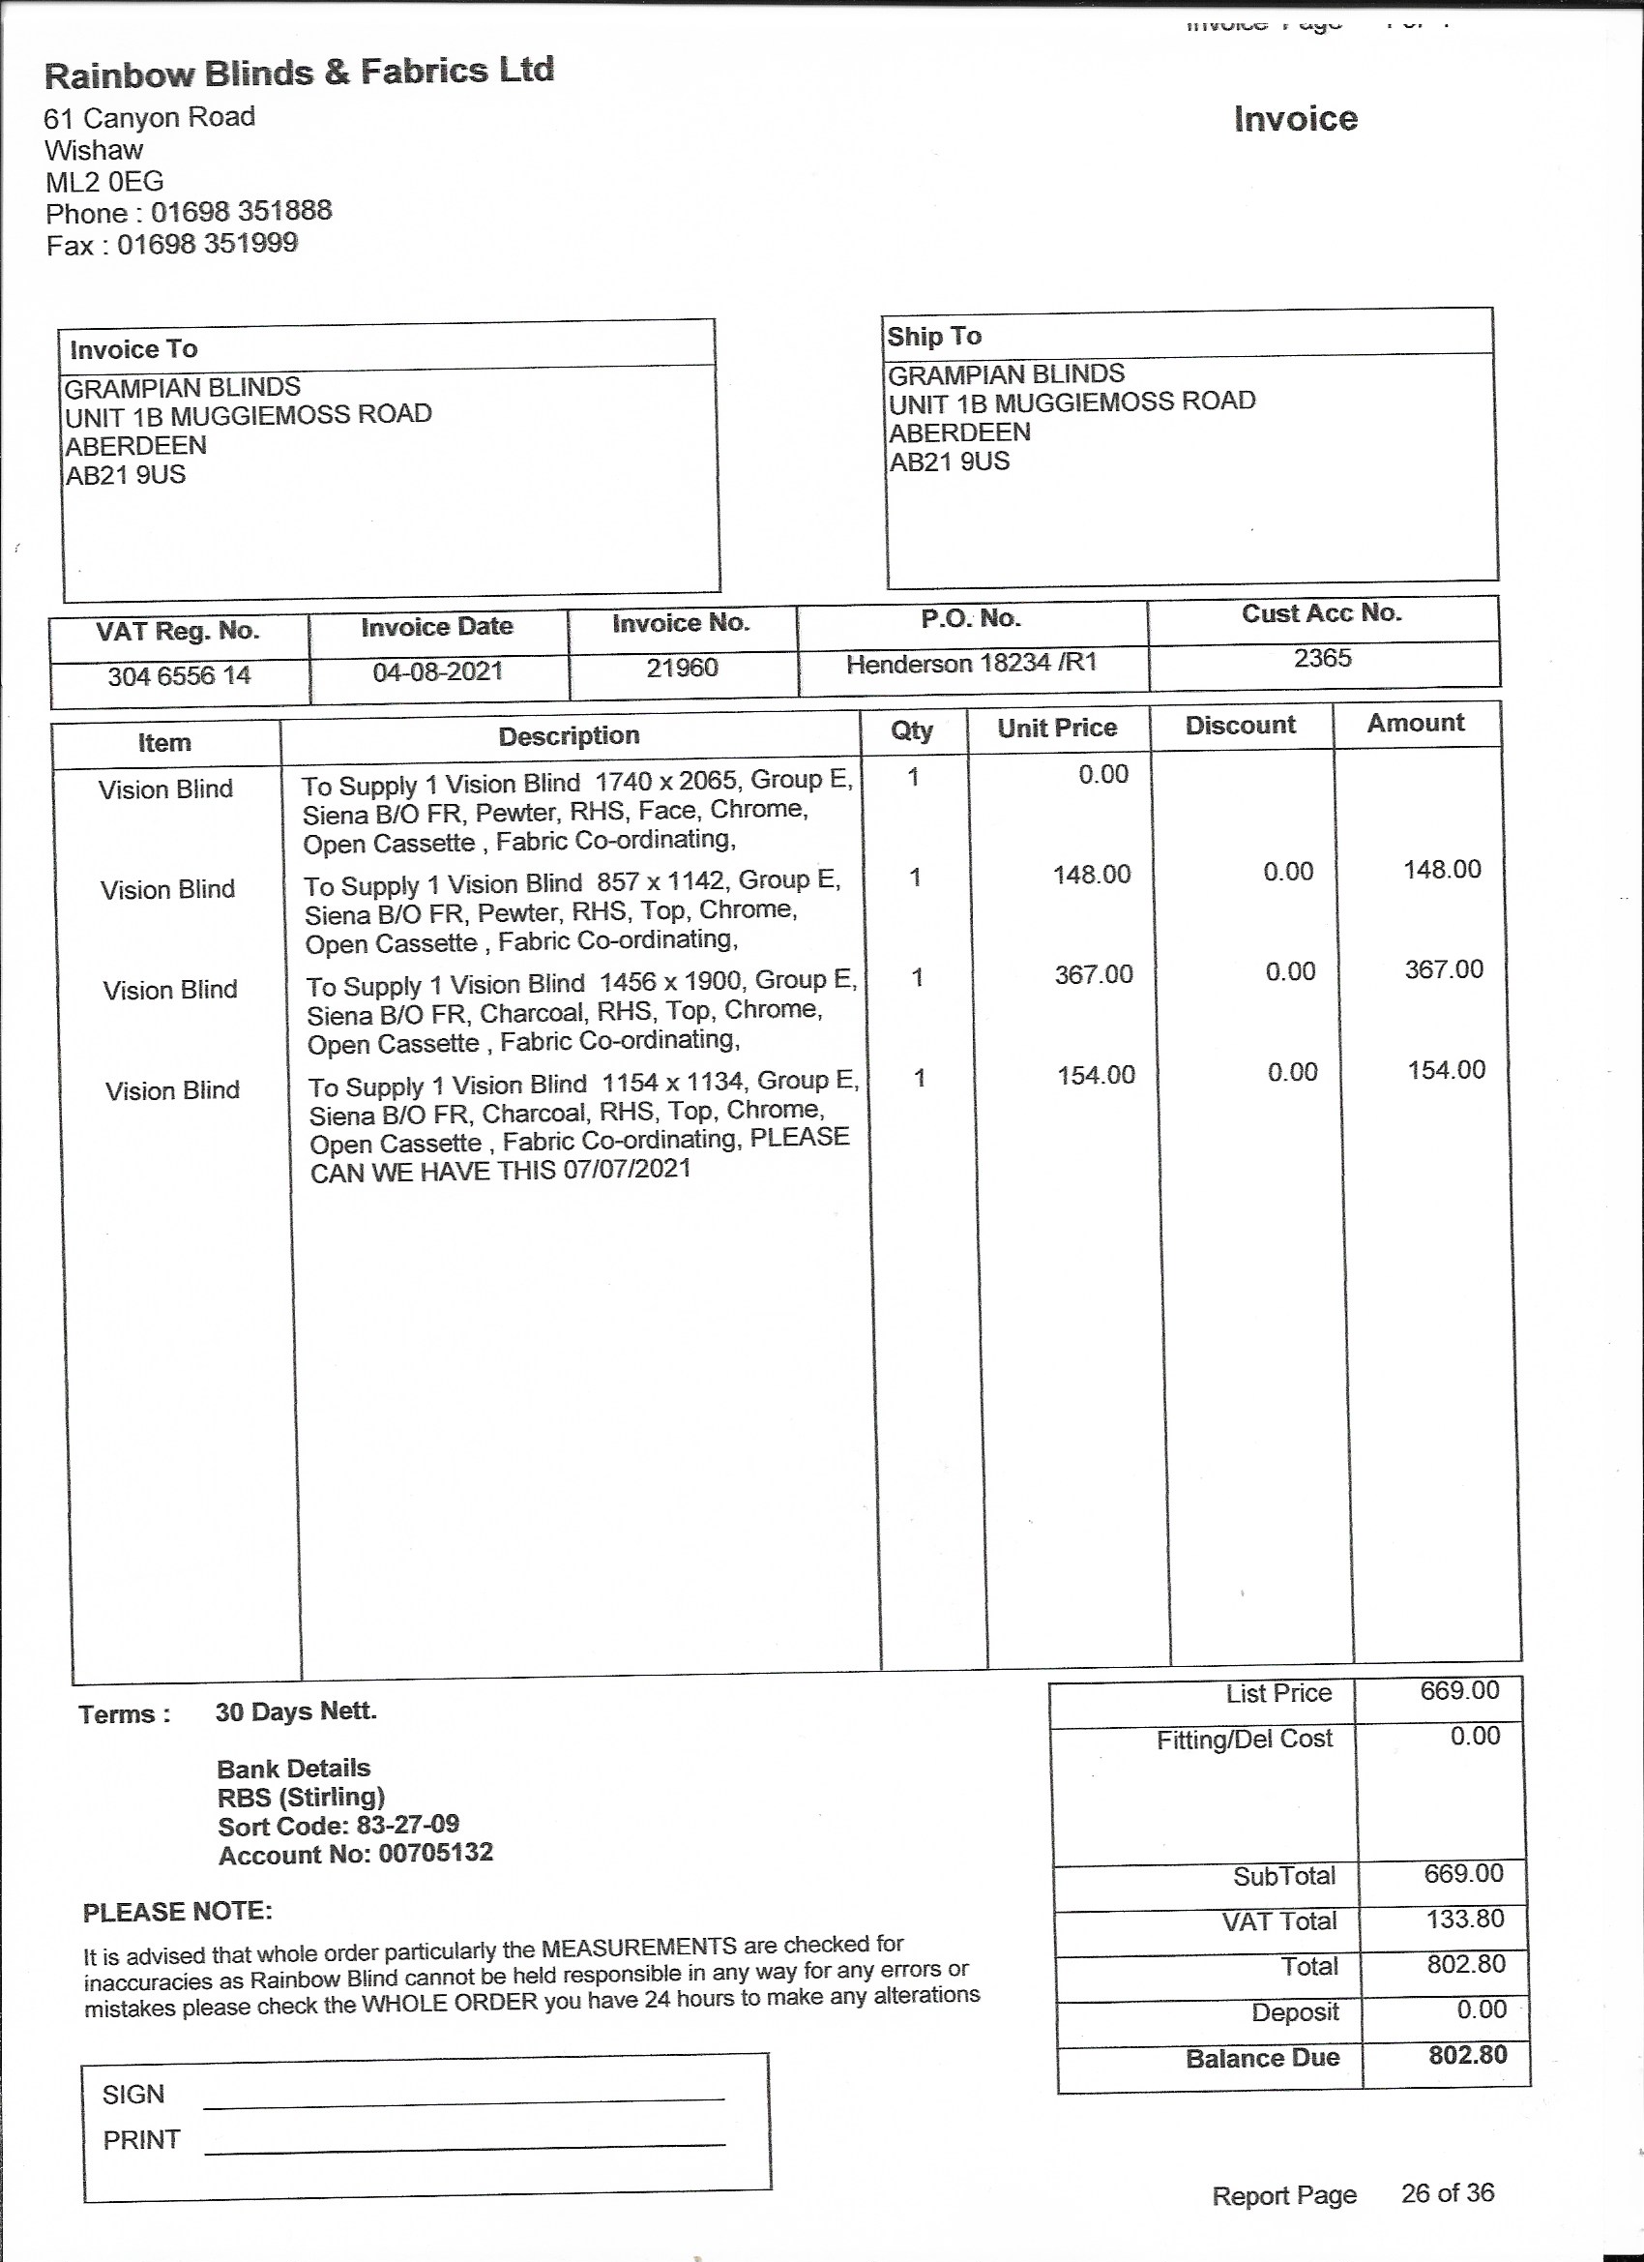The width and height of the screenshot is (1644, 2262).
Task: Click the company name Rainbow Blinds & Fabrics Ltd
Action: click(x=299, y=73)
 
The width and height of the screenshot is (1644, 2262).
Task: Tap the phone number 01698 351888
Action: click(x=241, y=212)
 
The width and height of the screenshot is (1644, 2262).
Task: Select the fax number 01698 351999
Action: click(x=207, y=244)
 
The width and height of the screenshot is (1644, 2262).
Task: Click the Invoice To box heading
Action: click(x=133, y=349)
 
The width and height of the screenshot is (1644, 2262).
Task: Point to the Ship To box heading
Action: click(x=934, y=336)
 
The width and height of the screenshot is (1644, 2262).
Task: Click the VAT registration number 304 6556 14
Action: click(x=180, y=676)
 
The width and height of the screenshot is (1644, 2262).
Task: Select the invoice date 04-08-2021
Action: click(x=438, y=671)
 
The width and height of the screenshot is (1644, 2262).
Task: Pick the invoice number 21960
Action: click(x=682, y=668)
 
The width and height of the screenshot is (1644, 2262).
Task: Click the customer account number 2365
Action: click(x=1322, y=658)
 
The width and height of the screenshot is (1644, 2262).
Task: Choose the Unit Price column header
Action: click(x=1057, y=729)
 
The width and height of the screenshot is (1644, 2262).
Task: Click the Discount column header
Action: click(x=1240, y=725)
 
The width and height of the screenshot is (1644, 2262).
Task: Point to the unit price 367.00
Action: click(x=1094, y=974)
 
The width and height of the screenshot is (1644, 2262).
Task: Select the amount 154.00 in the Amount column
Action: click(x=1446, y=1070)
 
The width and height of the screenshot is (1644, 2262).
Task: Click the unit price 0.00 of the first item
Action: click(x=1102, y=775)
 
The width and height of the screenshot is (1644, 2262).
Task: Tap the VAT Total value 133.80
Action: click(x=1463, y=1918)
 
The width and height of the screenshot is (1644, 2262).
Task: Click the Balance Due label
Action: click(x=1262, y=2058)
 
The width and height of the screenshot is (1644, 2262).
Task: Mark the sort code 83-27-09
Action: click(x=407, y=1824)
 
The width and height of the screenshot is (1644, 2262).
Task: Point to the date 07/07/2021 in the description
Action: click(x=626, y=1169)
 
